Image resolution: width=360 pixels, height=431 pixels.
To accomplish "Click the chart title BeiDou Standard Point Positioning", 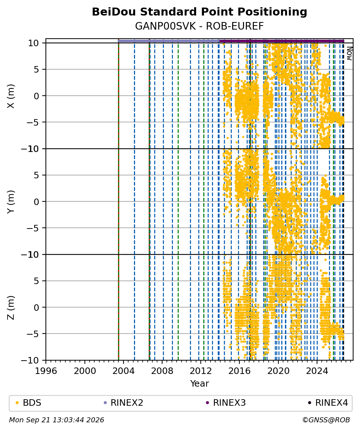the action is click(x=199, y=12).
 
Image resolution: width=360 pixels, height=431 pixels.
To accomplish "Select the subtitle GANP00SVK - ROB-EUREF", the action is click(x=199, y=26).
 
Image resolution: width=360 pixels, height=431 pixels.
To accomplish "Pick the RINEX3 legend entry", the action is click(x=226, y=403).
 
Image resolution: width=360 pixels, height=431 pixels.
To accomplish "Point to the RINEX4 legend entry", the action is click(x=328, y=403).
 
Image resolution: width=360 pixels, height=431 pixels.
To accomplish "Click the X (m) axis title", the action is click(x=10, y=96).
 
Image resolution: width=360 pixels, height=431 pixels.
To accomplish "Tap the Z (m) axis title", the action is click(x=10, y=308).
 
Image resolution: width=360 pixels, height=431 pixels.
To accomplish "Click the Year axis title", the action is click(x=199, y=383).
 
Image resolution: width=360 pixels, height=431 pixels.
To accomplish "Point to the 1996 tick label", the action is click(x=46, y=371).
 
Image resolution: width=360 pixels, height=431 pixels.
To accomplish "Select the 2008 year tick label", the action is click(x=162, y=371).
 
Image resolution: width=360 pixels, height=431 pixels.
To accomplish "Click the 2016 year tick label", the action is click(x=239, y=371).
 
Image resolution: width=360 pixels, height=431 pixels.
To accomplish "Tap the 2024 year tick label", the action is click(x=317, y=371).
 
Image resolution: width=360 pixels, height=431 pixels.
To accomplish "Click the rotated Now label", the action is click(x=349, y=53).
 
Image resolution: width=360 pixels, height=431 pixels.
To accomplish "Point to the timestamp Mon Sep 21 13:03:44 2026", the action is click(x=57, y=420).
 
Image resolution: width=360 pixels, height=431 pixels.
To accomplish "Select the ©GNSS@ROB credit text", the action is click(x=326, y=420).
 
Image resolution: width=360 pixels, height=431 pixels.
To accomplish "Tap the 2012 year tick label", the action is click(x=201, y=371).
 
